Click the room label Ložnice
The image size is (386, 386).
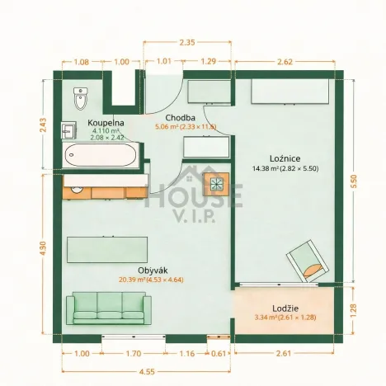click(285, 158)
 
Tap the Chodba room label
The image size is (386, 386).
click(180, 118)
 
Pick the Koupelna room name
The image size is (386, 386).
click(106, 123)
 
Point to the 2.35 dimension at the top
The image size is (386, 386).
click(187, 42)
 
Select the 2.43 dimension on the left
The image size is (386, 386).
click(44, 126)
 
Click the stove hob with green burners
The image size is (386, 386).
click(218, 183)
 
